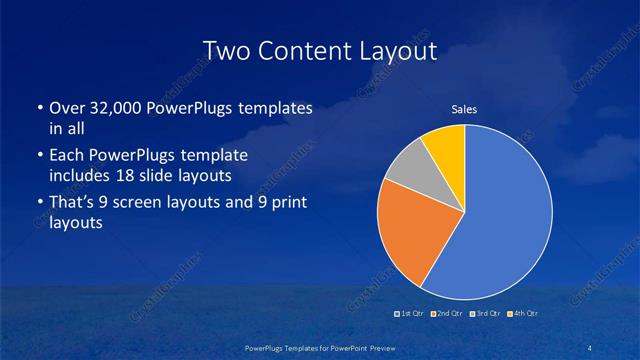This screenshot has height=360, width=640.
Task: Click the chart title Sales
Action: (464, 110)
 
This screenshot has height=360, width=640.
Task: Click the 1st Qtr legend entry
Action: (411, 315)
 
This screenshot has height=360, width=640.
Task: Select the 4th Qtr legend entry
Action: (523, 315)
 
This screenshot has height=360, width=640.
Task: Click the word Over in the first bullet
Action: (66, 109)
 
